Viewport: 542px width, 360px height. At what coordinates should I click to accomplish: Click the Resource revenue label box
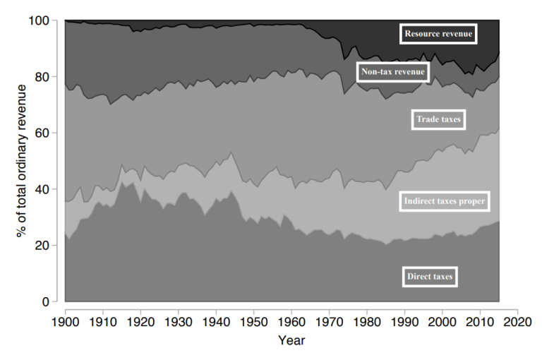tap(438, 32)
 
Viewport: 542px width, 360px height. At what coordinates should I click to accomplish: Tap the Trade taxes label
tap(438, 120)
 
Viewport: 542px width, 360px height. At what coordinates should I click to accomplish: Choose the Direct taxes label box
tap(430, 277)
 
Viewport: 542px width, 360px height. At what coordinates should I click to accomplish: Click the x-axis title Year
tap(291, 340)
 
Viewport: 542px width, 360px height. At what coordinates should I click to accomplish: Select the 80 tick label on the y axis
tap(43, 77)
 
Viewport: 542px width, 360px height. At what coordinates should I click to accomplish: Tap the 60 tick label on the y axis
tap(43, 133)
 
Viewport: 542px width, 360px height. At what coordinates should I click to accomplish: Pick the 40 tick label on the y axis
tap(43, 189)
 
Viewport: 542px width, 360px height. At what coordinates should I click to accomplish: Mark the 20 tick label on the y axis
tap(43, 246)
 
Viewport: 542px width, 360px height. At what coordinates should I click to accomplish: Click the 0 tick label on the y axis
tap(46, 302)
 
